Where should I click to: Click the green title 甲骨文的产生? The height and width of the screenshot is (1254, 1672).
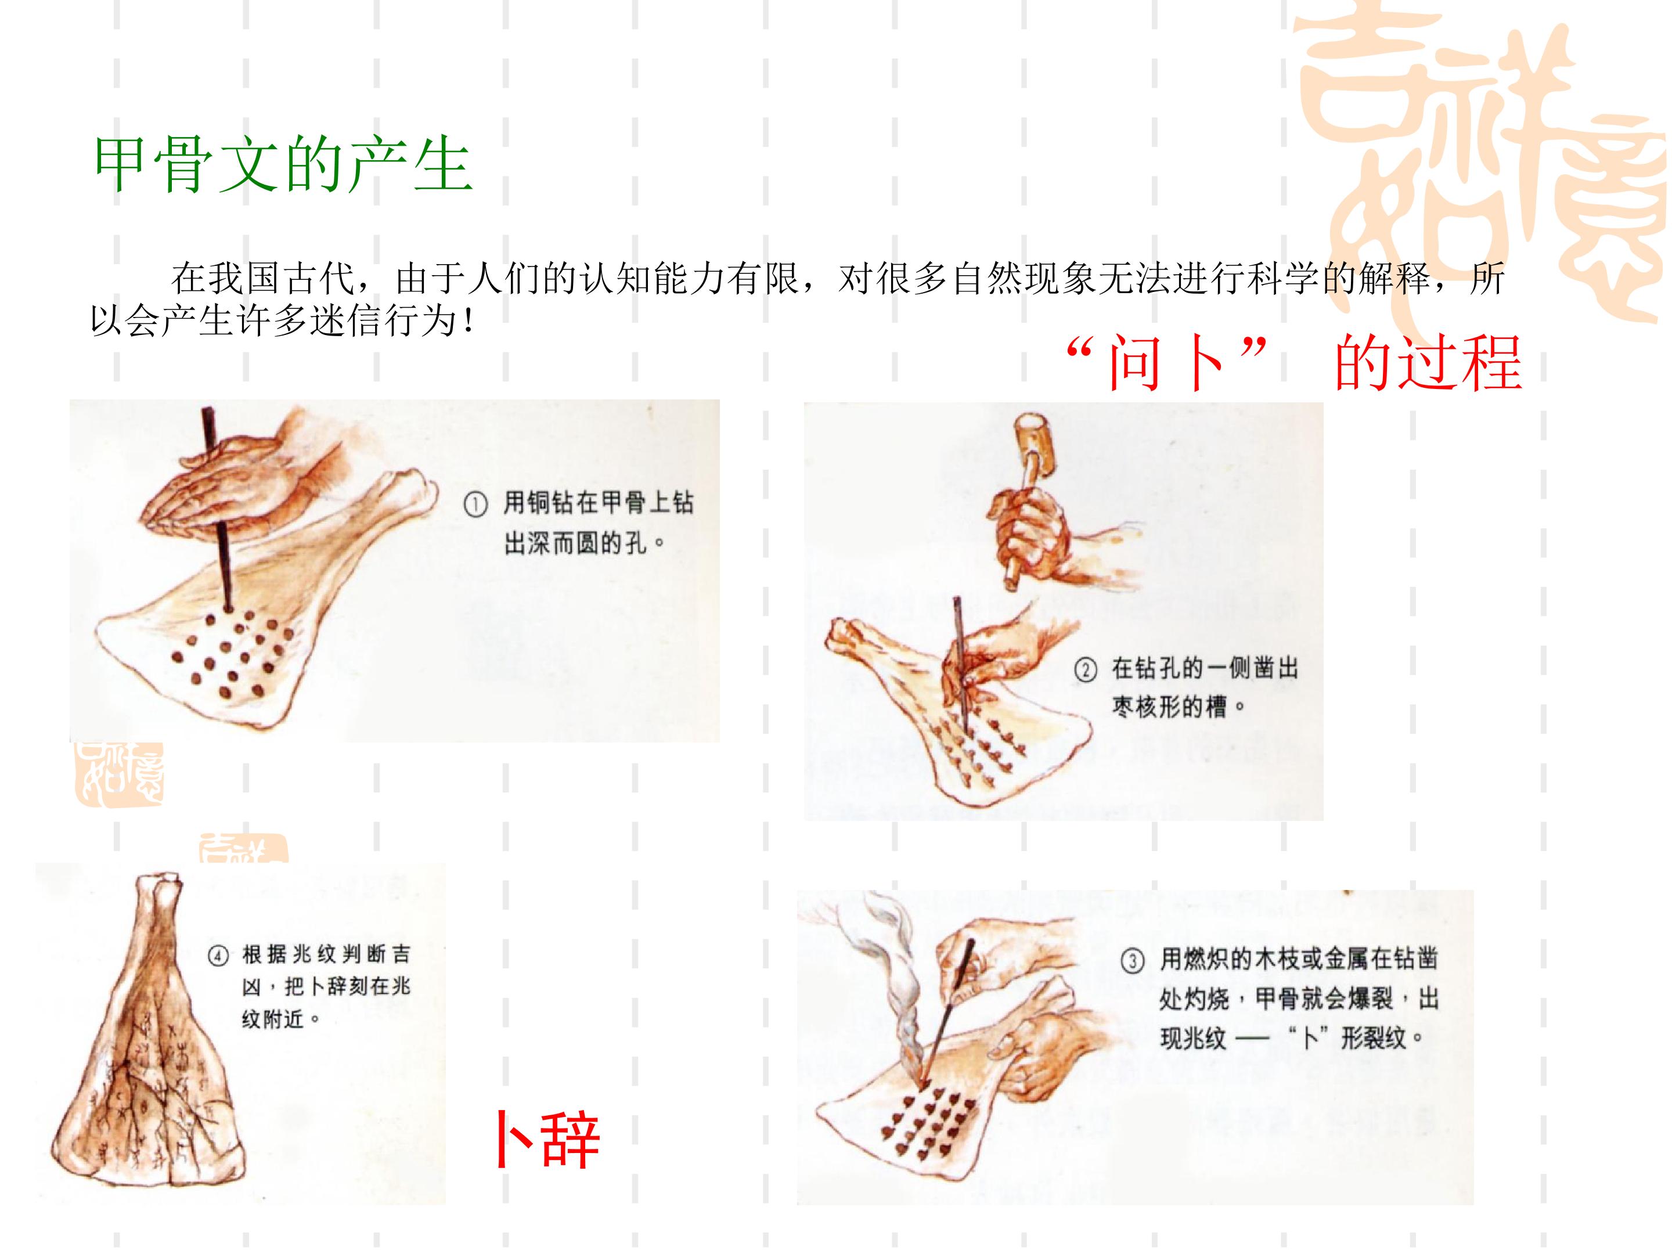[283, 165]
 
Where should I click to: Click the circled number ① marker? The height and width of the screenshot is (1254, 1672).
[475, 506]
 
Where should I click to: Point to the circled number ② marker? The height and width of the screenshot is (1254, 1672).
[1086, 671]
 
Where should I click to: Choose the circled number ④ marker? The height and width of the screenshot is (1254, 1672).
[217, 956]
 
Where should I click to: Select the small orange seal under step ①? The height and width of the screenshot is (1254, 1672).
[118, 773]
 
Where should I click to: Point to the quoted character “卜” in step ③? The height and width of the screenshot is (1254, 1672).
[1311, 1038]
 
